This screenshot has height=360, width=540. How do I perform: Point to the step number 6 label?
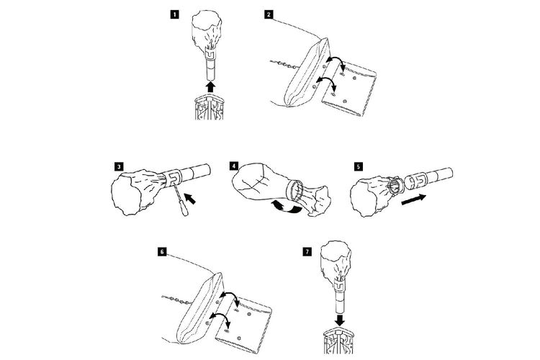(162, 253)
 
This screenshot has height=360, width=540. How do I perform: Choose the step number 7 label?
(308, 253)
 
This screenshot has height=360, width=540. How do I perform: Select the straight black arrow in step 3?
(192, 197)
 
